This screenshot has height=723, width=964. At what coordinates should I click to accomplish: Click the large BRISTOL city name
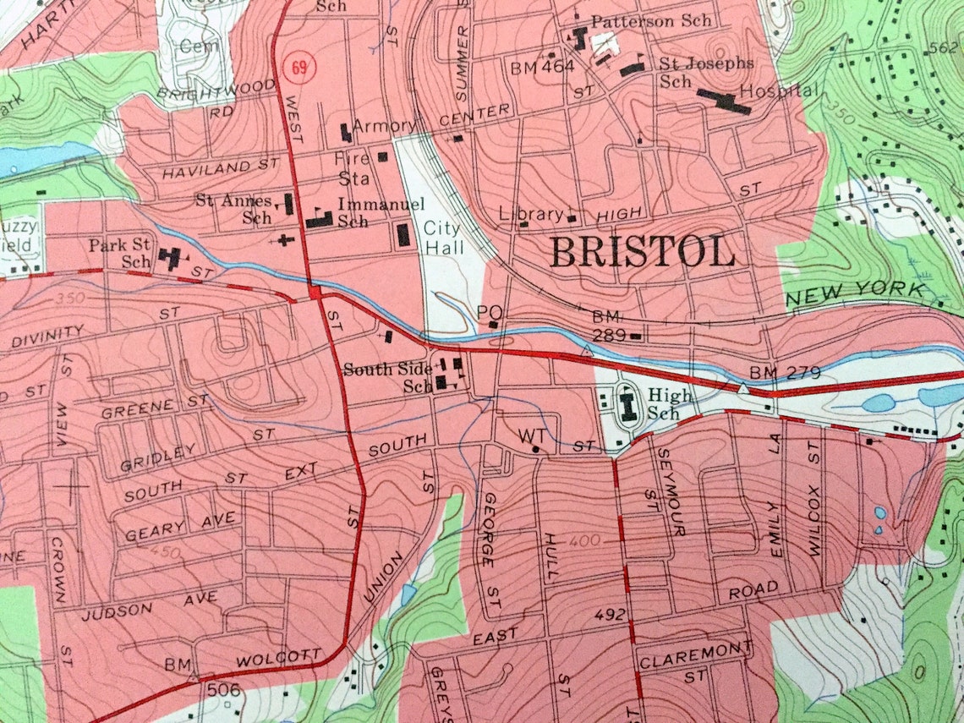click(x=642, y=252)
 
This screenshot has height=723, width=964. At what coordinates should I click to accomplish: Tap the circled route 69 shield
click(x=297, y=67)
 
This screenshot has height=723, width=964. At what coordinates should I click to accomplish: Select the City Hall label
click(x=442, y=238)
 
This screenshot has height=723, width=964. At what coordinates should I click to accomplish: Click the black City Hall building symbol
click(x=403, y=234)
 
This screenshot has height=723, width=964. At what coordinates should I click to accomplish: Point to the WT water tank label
click(x=530, y=435)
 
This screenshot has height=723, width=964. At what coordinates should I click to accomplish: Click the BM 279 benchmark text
click(x=784, y=373)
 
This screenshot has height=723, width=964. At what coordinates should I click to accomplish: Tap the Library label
click(x=531, y=214)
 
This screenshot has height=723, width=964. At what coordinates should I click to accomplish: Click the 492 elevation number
click(x=611, y=615)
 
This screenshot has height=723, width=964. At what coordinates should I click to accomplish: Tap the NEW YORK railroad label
click(x=855, y=292)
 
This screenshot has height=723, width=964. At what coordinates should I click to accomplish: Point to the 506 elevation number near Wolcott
click(x=224, y=690)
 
